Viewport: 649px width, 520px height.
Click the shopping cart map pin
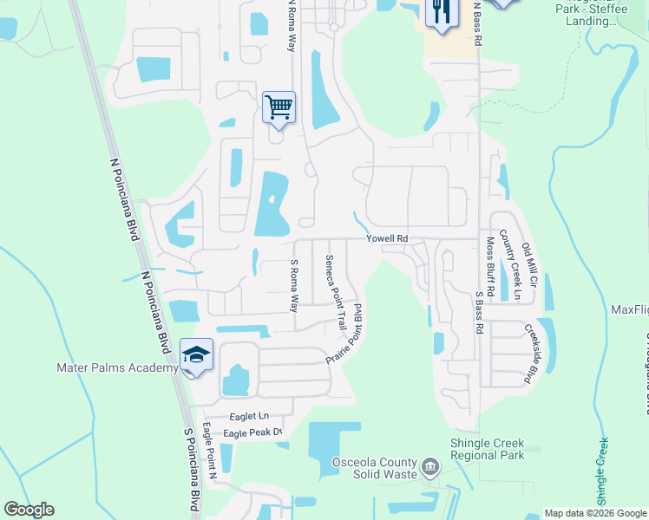tap(279, 108)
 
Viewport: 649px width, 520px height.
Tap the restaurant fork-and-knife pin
tap(442, 13)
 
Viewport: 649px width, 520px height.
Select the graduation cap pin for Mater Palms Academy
tap(196, 355)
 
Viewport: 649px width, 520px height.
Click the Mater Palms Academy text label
tap(117, 367)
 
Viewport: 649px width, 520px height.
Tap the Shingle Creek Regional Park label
tap(488, 449)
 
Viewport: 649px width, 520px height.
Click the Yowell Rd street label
tap(386, 239)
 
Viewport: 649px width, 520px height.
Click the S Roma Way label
tap(294, 285)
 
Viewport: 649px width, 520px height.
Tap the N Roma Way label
tap(292, 25)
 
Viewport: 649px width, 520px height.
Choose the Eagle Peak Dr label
tap(253, 432)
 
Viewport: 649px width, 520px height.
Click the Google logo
tap(29, 510)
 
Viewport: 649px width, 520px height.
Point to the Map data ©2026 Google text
tap(593, 513)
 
